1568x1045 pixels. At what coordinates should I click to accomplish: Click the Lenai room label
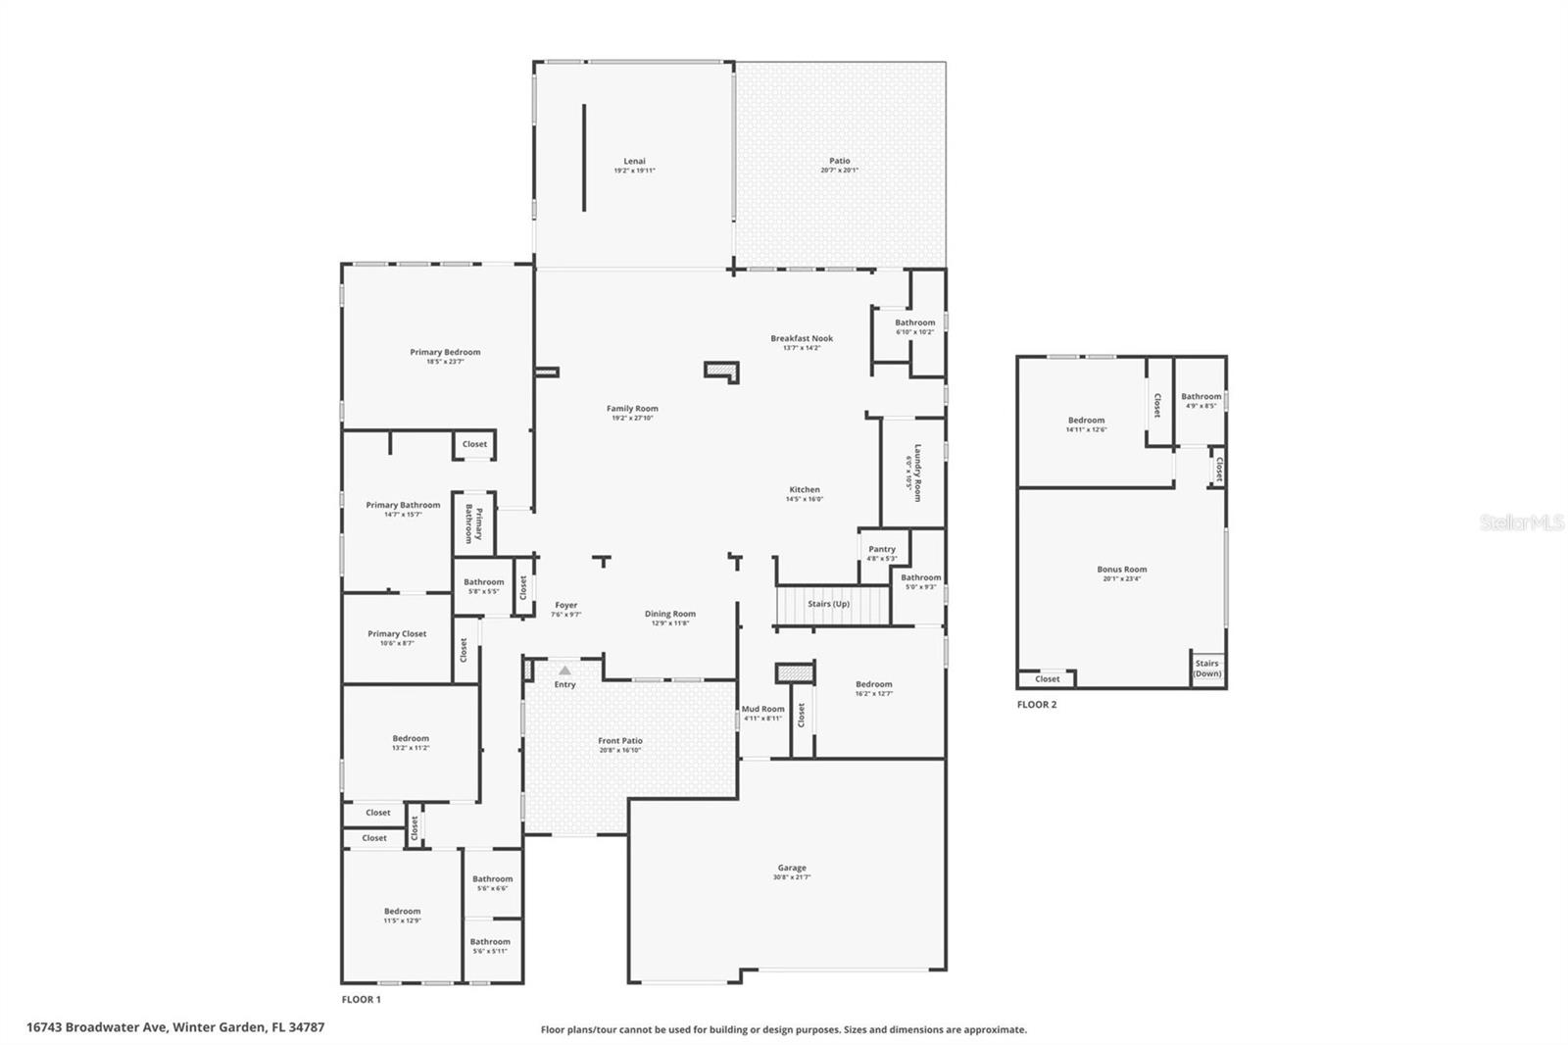click(x=634, y=162)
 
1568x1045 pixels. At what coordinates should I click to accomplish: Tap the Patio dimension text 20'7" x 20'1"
click(x=840, y=171)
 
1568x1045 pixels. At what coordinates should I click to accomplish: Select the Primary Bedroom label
click(x=445, y=352)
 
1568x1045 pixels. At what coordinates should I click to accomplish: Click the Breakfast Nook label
click(x=801, y=338)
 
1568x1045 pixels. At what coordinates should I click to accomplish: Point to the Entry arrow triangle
click(x=564, y=671)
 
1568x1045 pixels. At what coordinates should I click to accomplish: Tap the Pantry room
click(x=881, y=550)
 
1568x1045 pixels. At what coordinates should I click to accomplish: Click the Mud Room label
click(x=762, y=709)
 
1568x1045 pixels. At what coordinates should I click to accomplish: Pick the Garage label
click(x=792, y=868)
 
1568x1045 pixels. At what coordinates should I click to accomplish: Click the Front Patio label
click(x=620, y=741)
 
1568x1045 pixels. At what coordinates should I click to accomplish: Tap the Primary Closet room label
click(x=397, y=633)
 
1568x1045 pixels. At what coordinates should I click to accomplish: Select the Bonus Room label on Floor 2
click(x=1121, y=570)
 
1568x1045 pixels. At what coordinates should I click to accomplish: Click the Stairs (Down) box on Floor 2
click(x=1207, y=669)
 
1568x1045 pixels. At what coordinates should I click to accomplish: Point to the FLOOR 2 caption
click(x=1037, y=704)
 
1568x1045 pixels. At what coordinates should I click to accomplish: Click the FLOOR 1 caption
click(x=361, y=999)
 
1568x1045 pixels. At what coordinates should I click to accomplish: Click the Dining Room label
click(x=670, y=614)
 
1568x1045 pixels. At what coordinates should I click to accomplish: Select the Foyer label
click(x=565, y=605)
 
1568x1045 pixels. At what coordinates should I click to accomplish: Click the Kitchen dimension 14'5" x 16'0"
click(x=804, y=499)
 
